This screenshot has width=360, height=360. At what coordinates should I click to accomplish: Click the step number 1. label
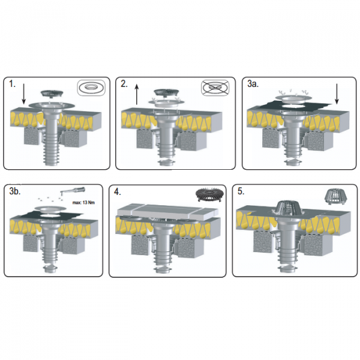(12, 84)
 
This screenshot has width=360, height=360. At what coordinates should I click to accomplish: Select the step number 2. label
(124, 84)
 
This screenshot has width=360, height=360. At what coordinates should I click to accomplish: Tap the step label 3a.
(253, 84)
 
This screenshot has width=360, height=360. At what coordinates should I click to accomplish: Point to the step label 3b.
(15, 191)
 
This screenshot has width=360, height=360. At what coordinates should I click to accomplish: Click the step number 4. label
(118, 192)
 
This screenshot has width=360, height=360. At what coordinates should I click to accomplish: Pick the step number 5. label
(241, 191)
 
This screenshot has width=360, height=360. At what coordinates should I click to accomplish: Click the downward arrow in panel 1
(24, 94)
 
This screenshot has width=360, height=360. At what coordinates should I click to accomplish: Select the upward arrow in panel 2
(137, 94)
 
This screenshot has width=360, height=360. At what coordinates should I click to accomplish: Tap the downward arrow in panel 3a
(337, 94)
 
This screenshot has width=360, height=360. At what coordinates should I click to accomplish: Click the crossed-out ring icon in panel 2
(215, 87)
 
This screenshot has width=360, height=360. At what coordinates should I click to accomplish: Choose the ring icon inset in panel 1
(91, 88)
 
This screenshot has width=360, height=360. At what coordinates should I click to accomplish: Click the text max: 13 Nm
(83, 203)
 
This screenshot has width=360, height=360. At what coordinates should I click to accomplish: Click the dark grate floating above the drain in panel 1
(52, 94)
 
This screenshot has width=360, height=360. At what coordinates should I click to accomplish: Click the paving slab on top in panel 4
(167, 211)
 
